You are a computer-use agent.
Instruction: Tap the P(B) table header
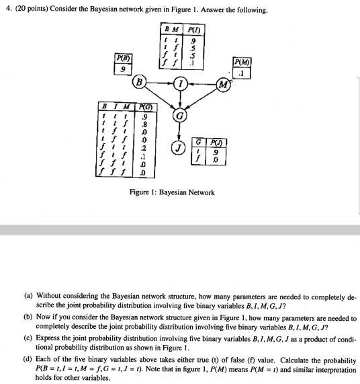tap(122, 58)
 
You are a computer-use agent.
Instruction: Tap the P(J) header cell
tap(213, 142)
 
